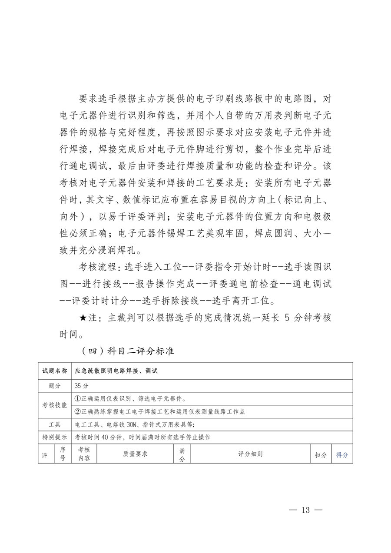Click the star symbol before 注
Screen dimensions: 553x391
coord(83,318)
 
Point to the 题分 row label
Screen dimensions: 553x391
coord(54,385)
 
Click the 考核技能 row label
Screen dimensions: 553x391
coord(54,405)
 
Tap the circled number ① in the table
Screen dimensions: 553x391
coord(78,398)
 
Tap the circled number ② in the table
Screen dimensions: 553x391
coord(78,411)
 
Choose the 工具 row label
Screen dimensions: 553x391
coord(54,424)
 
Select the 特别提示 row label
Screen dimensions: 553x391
coord(54,437)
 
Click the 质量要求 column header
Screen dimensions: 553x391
coord(135,454)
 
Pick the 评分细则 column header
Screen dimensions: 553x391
coord(250,454)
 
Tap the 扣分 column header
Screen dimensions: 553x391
coord(321,455)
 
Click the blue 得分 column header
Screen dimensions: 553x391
coord(342,455)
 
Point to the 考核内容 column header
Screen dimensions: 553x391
coord(84,454)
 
